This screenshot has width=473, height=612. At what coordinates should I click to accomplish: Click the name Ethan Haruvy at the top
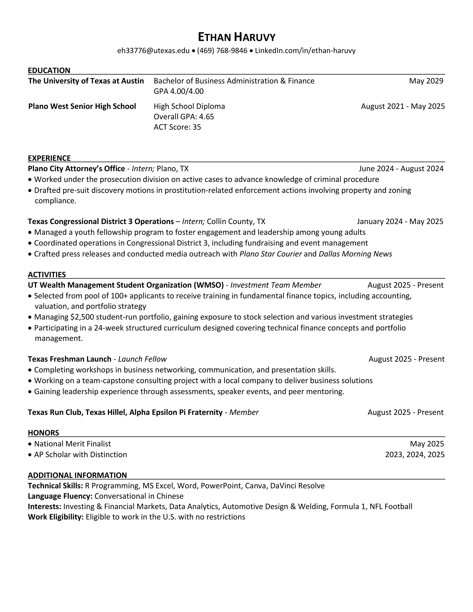click(x=236, y=37)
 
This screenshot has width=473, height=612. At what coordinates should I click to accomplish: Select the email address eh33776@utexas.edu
click(x=153, y=51)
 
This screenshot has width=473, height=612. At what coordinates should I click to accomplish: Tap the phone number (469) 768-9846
click(x=222, y=51)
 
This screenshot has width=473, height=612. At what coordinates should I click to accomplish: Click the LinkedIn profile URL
click(x=305, y=51)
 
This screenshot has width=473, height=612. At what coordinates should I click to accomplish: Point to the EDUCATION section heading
click(x=49, y=70)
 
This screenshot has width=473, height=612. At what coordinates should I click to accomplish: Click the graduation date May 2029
click(x=426, y=81)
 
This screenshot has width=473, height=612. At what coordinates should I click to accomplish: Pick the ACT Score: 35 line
click(x=177, y=127)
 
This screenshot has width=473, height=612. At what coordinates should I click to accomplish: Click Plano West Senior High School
click(x=82, y=106)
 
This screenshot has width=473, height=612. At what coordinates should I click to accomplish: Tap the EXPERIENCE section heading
click(x=49, y=158)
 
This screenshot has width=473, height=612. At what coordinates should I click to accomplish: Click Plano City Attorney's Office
click(x=76, y=169)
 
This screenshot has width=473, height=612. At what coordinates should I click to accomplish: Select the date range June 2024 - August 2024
click(x=401, y=169)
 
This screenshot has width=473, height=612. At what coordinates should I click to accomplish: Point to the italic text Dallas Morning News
click(x=355, y=254)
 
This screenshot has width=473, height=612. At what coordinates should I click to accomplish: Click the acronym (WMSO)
click(x=208, y=285)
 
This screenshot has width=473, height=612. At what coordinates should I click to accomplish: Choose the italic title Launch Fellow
click(x=142, y=359)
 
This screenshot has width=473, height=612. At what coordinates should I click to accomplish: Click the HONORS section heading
click(x=43, y=433)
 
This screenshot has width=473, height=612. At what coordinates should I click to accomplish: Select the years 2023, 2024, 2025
click(x=415, y=455)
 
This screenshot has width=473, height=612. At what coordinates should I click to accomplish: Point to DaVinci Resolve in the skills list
click(x=297, y=486)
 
